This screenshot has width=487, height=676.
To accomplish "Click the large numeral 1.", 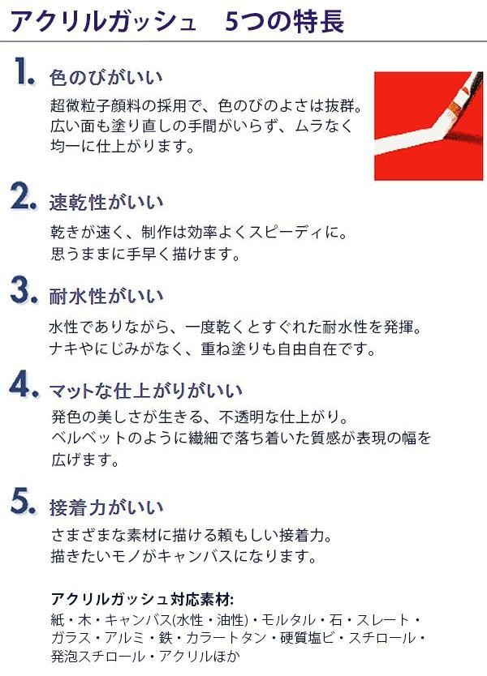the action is click(24, 71).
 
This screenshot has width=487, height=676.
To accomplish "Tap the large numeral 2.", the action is click(24, 198).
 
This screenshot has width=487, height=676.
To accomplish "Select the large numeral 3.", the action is click(24, 291).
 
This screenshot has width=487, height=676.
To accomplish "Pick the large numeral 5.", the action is click(24, 501).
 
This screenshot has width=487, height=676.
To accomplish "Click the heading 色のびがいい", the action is click(106, 78).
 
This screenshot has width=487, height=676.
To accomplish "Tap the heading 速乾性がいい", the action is click(106, 203).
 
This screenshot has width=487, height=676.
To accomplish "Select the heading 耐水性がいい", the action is click(106, 297).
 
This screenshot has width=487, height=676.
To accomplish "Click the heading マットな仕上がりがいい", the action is click(146, 391).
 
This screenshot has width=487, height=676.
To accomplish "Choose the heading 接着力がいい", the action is click(106, 507).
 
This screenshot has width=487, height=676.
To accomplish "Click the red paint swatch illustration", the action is click(429, 126).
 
